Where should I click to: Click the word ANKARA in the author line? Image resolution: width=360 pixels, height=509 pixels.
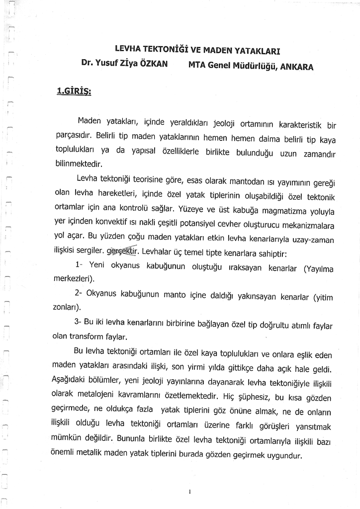pyautogui.click(x=297, y=67)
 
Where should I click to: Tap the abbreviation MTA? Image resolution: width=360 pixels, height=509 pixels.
pyautogui.click(x=199, y=65)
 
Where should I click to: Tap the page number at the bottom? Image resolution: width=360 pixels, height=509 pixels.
pyautogui.click(x=190, y=491)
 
